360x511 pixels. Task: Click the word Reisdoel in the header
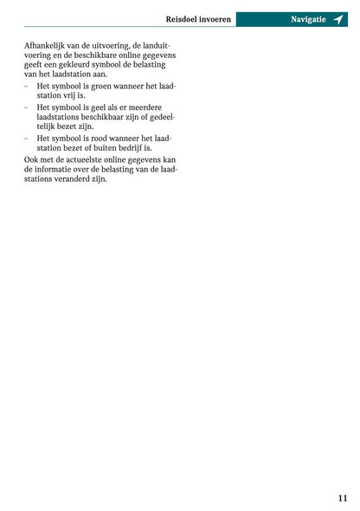[x=183, y=19]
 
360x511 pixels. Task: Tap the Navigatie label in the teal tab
[x=309, y=19]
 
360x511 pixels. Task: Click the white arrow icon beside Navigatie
[x=338, y=19]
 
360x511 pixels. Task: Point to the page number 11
[x=343, y=497]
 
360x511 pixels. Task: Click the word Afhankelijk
[x=47, y=44]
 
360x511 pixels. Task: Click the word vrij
[x=70, y=97]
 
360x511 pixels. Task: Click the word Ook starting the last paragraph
[x=31, y=159]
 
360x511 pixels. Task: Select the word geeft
[x=35, y=65]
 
